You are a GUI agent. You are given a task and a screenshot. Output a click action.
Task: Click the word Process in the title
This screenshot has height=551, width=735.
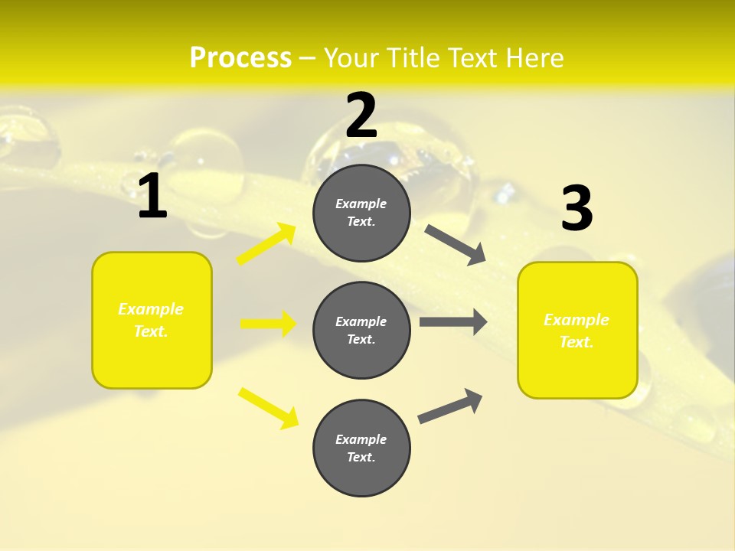click(x=240, y=58)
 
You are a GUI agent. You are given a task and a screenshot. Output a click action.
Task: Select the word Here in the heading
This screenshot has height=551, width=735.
click(x=534, y=58)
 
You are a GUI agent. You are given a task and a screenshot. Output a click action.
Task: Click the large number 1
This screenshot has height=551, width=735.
click(x=152, y=197)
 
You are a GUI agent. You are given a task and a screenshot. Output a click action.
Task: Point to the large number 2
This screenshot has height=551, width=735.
click(x=361, y=116)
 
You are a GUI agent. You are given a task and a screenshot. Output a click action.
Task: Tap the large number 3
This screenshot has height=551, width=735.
click(x=577, y=208)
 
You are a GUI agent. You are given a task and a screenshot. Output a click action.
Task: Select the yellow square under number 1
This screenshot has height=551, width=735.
click(x=152, y=320)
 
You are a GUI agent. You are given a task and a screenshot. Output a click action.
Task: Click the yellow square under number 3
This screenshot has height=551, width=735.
click(x=577, y=331)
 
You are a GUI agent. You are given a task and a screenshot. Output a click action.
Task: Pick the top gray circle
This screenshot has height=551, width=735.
click(x=361, y=213)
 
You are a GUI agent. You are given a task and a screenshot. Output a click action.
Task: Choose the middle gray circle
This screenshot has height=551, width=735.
click(x=361, y=330)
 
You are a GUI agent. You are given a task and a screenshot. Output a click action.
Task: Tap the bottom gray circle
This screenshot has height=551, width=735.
click(x=361, y=448)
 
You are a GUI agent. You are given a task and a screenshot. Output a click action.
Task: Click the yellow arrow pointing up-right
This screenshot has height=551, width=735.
click(x=266, y=244)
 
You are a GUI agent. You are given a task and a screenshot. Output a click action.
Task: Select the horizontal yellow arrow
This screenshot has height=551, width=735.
click(x=268, y=324)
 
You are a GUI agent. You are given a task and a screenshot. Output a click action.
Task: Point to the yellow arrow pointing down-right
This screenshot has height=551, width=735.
click(x=268, y=408)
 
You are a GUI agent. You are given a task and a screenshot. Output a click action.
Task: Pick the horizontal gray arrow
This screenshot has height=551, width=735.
click(x=453, y=322)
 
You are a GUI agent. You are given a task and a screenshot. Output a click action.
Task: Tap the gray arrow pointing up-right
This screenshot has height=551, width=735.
click(x=451, y=406)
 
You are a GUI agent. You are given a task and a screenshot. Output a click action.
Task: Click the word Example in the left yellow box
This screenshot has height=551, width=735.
click(x=151, y=309)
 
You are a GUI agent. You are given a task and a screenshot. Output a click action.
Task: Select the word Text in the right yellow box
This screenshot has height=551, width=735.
click(x=575, y=342)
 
